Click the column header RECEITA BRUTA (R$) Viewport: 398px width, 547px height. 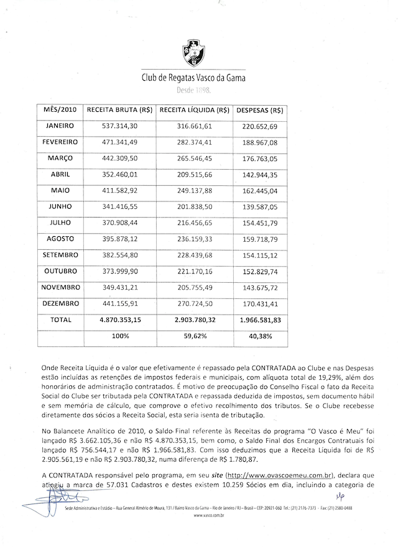120,109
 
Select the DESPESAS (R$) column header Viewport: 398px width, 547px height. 260,109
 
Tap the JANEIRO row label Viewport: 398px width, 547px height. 60,126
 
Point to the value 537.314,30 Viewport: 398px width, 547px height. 120,126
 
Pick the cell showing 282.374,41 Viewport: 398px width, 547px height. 195,142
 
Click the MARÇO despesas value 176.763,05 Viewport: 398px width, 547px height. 260,159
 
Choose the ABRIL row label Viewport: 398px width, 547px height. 60,175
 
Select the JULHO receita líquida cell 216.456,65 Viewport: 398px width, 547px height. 195,223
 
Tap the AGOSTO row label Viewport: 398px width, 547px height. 60,239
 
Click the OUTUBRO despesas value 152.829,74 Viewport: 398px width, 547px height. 260,272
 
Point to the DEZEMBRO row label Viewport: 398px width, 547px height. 60,303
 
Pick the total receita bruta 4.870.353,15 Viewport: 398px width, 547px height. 120,320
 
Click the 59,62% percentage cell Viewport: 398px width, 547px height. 195,336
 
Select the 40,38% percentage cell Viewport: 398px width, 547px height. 260,336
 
